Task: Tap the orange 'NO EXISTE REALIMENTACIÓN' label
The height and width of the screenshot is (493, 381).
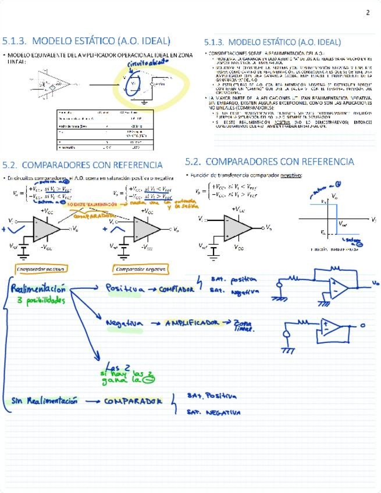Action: (91, 205)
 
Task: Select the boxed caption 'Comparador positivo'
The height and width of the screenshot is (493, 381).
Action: (41, 269)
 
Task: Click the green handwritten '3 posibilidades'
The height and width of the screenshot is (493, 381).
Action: (41, 301)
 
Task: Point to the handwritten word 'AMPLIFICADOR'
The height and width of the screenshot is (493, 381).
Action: (191, 323)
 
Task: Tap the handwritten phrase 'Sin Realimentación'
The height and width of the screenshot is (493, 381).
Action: (44, 401)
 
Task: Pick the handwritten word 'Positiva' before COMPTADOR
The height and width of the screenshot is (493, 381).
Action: (124, 288)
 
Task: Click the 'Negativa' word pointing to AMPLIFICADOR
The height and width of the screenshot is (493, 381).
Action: (124, 324)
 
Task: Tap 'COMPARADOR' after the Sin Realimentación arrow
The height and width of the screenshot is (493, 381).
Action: (133, 401)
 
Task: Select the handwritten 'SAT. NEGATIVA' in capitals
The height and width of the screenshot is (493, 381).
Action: (213, 413)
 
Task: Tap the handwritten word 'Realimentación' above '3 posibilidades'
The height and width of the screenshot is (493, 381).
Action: (38, 289)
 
